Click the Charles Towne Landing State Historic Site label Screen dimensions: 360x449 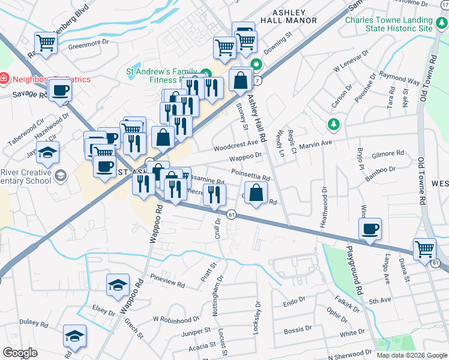[x=388, y=23]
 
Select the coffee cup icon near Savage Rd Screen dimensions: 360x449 [x=61, y=91]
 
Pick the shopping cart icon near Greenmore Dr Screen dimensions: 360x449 [x=46, y=43]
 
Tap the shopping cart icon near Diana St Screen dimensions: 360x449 [x=424, y=248]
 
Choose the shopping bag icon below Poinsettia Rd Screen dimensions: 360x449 [x=256, y=193]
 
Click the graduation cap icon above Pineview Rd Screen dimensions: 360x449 [x=118, y=284]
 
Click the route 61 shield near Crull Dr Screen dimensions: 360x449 [x=231, y=214]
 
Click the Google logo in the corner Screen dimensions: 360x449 [x=20, y=353]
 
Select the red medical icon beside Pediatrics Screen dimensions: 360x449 [x=4, y=78]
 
